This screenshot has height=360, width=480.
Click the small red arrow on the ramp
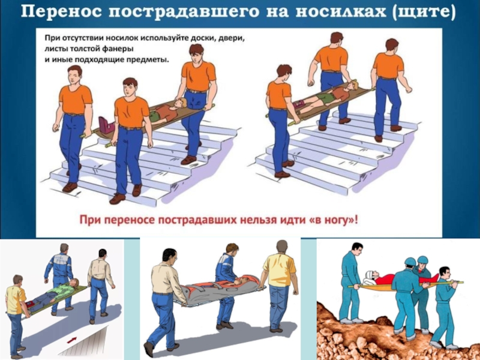pos(71,340)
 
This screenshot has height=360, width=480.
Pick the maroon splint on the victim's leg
pos(106,125)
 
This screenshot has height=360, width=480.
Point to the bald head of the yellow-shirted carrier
pos(282,247)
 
